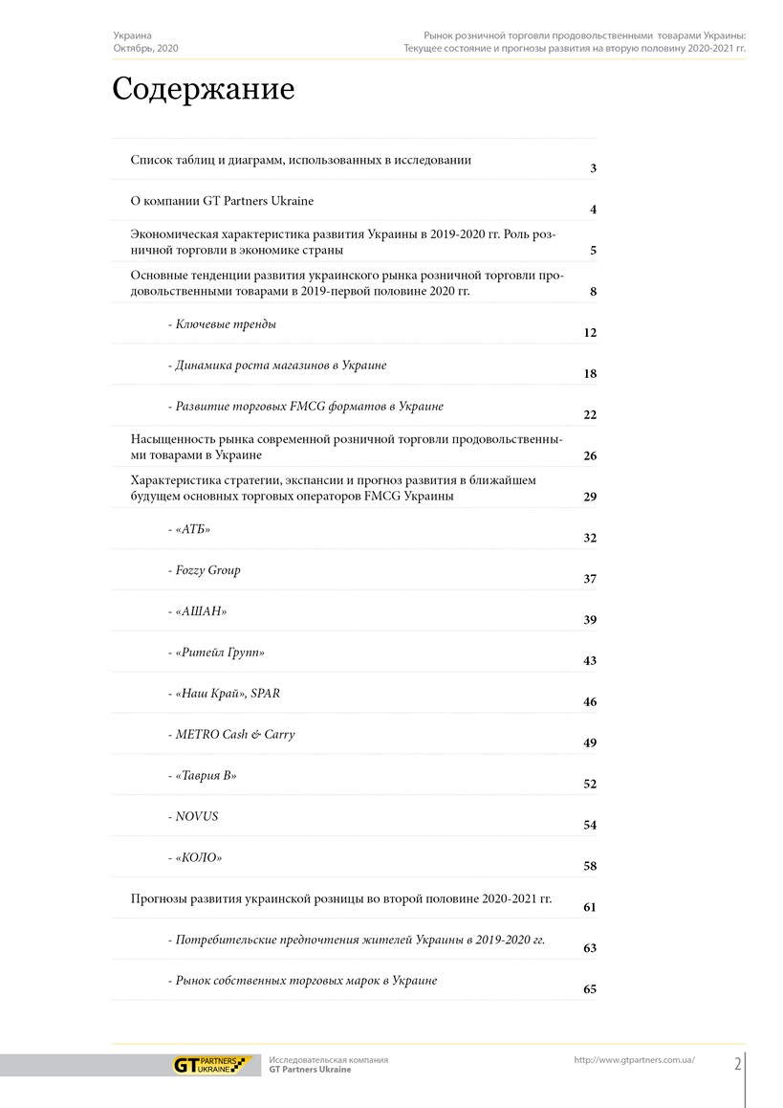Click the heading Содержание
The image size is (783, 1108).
coord(204,90)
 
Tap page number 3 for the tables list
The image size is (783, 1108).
coord(593,169)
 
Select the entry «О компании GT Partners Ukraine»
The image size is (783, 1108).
coord(222,201)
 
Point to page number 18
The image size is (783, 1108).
coord(590,374)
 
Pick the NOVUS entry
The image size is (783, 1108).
coord(196,816)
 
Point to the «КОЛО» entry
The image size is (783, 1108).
coord(199,857)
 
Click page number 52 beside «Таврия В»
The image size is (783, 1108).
coord(590,785)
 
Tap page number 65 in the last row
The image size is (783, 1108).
coord(590,989)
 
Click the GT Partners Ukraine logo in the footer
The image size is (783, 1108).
coord(210,1065)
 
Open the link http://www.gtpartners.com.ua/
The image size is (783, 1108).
coord(634,1060)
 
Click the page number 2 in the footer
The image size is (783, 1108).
coord(738,1065)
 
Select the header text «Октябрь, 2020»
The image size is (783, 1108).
coord(145,48)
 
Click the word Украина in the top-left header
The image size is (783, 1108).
coord(132,35)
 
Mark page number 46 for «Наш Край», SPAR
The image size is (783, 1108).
coord(590,702)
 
